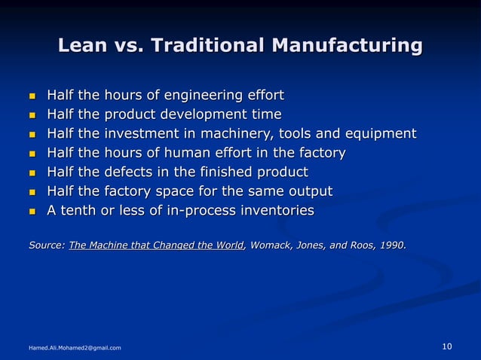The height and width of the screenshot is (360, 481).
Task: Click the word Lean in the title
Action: point(82,46)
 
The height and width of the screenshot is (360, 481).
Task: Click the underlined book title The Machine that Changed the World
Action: point(156,245)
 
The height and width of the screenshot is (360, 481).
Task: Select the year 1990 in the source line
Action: point(392,245)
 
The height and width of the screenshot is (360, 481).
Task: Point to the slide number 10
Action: point(446,346)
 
